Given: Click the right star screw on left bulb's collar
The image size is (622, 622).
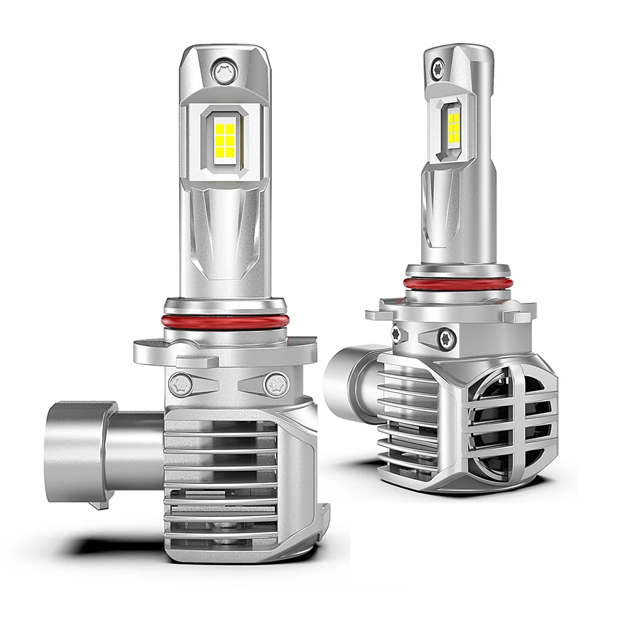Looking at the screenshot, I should (x=274, y=384).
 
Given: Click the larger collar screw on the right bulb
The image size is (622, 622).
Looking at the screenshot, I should (x=446, y=338).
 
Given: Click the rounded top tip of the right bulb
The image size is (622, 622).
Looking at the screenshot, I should (x=459, y=50).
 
